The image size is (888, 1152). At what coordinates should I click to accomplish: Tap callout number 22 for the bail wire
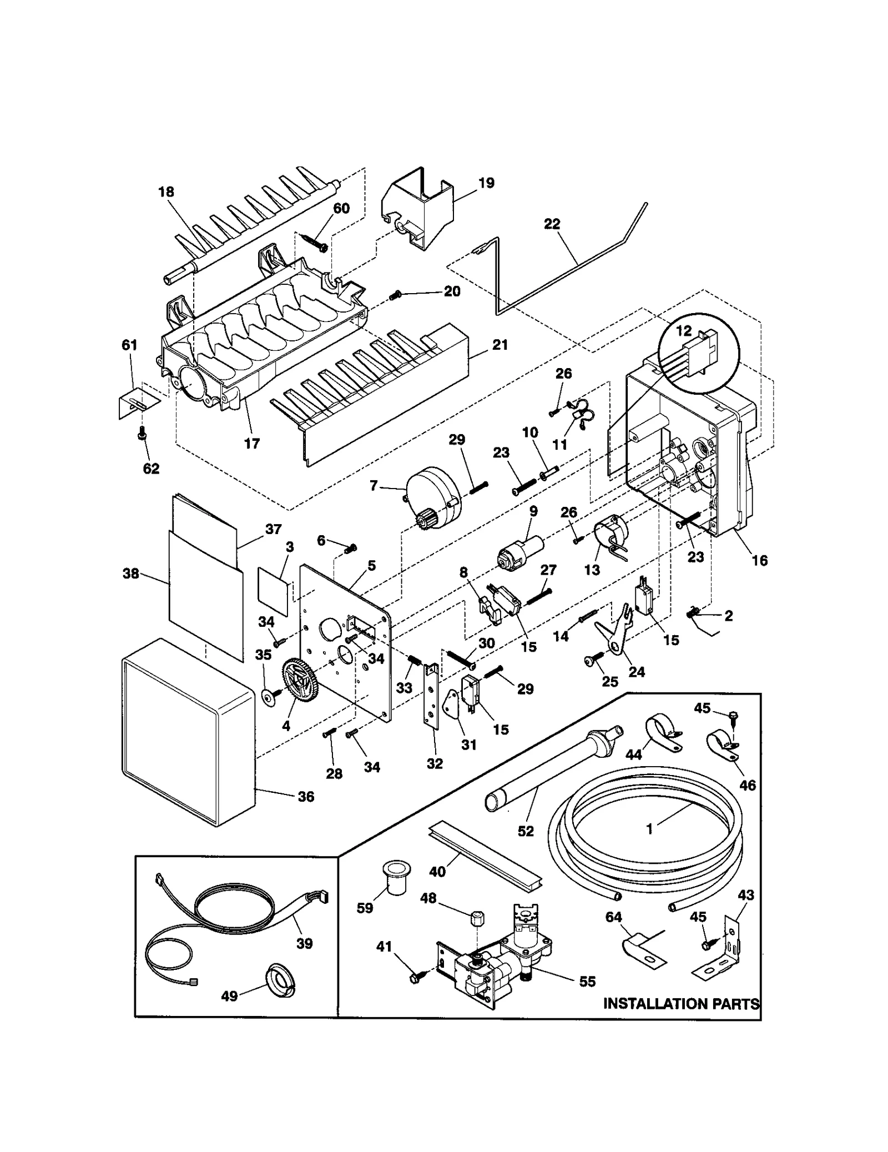pos(552,224)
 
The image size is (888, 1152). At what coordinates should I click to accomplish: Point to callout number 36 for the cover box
pos(306,797)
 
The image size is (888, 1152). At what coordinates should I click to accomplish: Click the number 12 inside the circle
pos(684,331)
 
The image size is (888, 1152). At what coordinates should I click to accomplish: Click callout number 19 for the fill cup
pos(486,183)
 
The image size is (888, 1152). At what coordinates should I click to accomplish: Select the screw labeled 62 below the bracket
pos(143,447)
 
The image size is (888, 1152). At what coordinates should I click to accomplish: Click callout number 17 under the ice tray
pos(252,444)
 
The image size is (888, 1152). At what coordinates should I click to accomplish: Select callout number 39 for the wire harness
pos(304,943)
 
